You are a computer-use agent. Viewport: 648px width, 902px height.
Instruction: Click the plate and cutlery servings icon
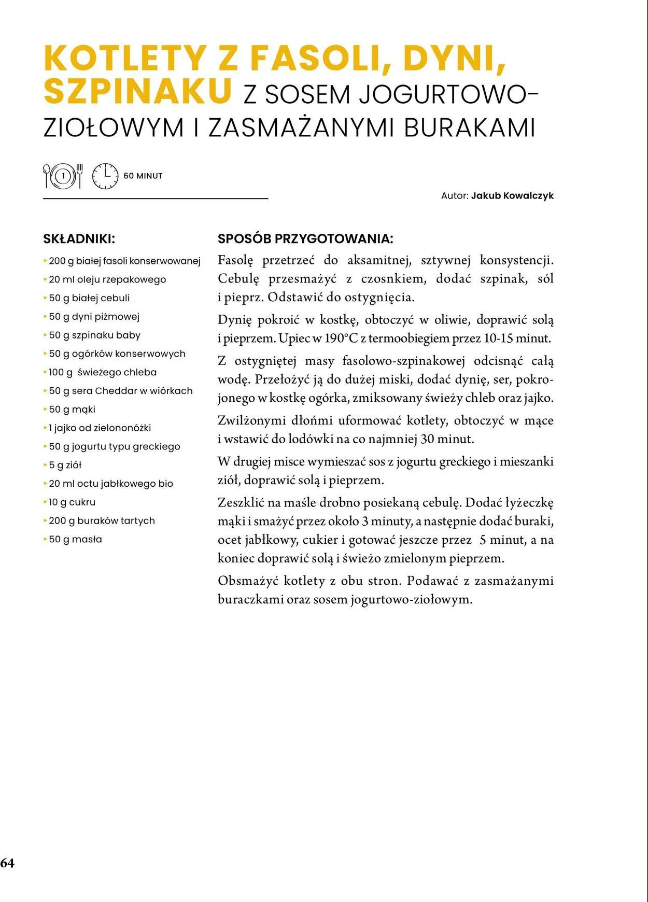63,176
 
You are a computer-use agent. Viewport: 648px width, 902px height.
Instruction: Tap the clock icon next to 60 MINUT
105,176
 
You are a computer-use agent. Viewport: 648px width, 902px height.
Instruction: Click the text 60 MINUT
143,176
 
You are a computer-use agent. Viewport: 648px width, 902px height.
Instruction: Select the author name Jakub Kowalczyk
512,196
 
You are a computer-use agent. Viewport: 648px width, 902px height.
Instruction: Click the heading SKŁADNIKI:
79,239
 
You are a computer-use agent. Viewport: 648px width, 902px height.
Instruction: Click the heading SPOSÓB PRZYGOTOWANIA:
305,239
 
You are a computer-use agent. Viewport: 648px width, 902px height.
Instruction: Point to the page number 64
8,863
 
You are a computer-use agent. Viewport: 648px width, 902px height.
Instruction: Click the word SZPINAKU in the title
137,92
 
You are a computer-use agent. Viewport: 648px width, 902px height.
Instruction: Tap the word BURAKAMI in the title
469,128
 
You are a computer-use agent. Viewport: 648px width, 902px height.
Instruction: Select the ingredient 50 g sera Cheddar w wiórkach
120,391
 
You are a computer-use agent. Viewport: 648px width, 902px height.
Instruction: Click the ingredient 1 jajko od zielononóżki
100,428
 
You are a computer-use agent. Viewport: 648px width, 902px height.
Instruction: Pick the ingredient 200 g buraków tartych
102,521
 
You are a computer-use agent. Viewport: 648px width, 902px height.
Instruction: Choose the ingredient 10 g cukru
72,502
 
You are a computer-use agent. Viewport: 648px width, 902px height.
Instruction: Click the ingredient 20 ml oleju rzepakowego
107,279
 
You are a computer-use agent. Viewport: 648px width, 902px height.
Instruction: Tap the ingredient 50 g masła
75,540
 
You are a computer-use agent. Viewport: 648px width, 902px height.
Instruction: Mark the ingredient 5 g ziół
65,465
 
